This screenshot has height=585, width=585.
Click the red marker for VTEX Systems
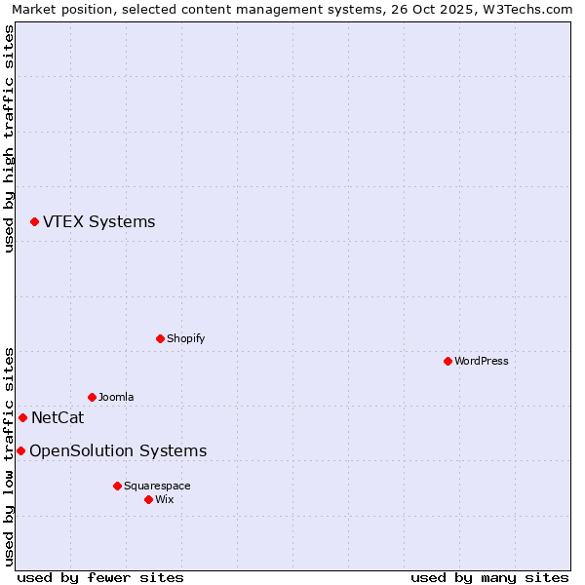coord(34,222)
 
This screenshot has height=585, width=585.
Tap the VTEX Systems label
coord(98,222)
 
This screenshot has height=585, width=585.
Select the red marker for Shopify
coord(160,339)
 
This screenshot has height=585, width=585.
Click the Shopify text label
coord(185,339)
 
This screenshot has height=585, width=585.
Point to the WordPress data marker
coord(448,362)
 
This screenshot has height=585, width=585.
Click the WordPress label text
coord(481,362)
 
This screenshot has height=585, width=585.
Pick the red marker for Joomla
coord(92,398)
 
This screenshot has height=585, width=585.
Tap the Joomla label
coord(116,398)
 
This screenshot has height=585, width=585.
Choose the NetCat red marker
coord(22,418)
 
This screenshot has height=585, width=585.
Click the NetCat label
coord(58,418)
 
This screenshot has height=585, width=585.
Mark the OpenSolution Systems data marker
coord(20,451)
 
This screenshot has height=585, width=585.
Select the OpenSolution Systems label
coord(118,451)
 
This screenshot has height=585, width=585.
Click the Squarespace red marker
coord(117,486)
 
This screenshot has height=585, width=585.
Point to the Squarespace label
coord(157,486)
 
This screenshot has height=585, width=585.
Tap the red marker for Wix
coord(148,500)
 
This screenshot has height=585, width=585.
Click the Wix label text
coord(164,500)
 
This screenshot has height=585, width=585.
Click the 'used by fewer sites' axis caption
coord(100,577)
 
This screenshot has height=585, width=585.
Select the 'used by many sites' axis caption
coord(489,577)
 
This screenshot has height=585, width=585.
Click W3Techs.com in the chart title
coord(524,10)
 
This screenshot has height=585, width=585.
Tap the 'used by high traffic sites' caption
coord(10,138)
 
